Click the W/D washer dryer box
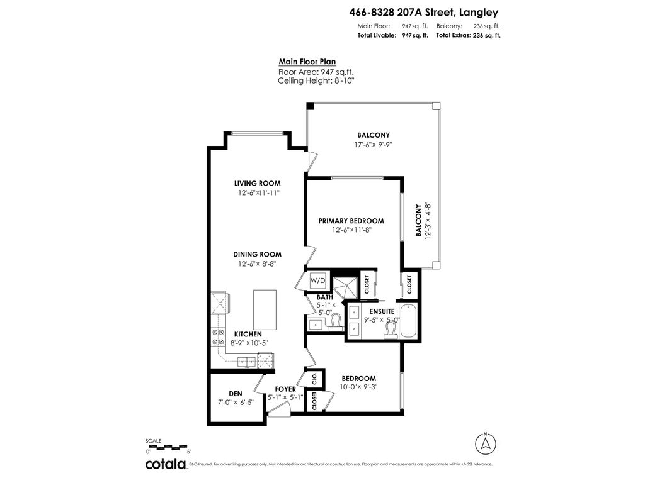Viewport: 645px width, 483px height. click(317, 280)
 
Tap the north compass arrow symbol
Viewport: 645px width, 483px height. click(485, 443)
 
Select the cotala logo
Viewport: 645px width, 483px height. click(166, 465)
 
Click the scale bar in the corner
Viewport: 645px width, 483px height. click(168, 447)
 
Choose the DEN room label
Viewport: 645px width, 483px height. click(235, 394)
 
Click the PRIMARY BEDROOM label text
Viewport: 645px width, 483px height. click(351, 221)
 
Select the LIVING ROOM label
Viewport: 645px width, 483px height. click(257, 184)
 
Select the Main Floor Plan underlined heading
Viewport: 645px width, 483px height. click(307, 62)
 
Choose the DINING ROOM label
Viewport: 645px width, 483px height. click(257, 254)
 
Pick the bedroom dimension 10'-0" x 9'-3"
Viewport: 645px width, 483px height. click(358, 387)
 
